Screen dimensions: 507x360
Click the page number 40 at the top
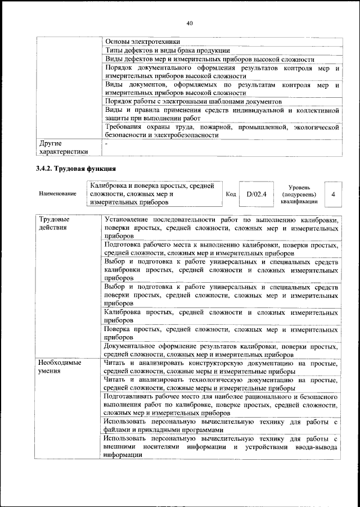click(x=189, y=23)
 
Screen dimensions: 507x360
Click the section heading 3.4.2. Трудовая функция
click(x=76, y=168)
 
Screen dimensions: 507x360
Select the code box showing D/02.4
click(x=256, y=194)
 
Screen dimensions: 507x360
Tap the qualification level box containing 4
click(x=334, y=194)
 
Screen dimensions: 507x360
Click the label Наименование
click(x=57, y=194)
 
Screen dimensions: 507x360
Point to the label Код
click(x=231, y=194)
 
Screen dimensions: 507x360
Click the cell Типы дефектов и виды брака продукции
click(x=167, y=50)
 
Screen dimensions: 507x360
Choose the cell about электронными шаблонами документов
click(x=193, y=102)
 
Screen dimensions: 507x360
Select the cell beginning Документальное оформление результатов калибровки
click(x=222, y=351)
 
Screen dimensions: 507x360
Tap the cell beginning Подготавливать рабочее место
click(x=222, y=405)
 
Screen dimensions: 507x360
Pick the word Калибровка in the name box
click(x=111, y=185)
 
